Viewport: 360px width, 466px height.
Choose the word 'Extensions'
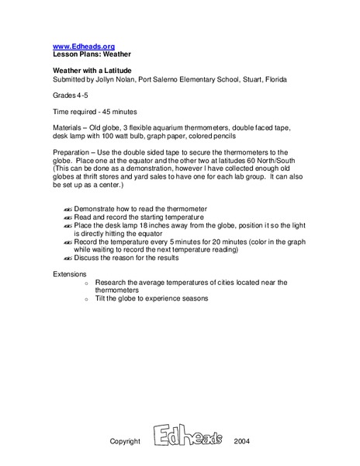(72, 274)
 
